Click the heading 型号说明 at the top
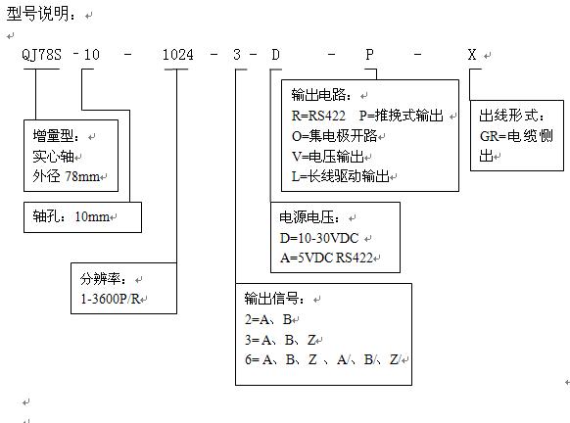[x=37, y=14]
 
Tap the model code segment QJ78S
[x=41, y=55]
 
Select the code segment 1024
[x=178, y=55]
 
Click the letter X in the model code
[x=472, y=55]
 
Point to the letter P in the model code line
[x=369, y=55]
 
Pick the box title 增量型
[x=54, y=136]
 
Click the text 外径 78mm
[x=67, y=176]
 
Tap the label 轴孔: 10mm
[x=71, y=216]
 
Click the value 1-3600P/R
[x=110, y=299]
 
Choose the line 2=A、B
[x=268, y=319]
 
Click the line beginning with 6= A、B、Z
[x=322, y=359]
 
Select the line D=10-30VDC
[x=319, y=238]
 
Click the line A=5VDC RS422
[x=326, y=258]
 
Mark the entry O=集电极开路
[x=334, y=136]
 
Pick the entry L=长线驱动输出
[x=341, y=176]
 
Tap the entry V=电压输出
[x=328, y=157]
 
